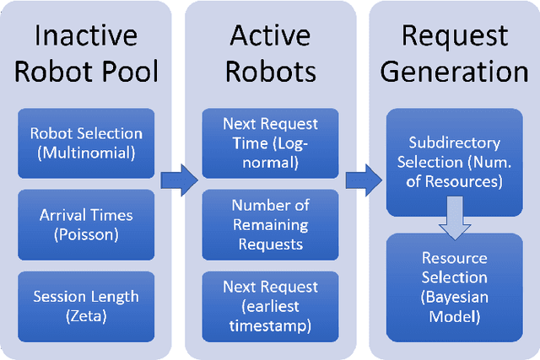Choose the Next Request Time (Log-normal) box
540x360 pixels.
click(x=269, y=142)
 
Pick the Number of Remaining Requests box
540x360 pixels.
click(x=269, y=224)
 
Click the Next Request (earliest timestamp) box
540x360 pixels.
click(x=269, y=305)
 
